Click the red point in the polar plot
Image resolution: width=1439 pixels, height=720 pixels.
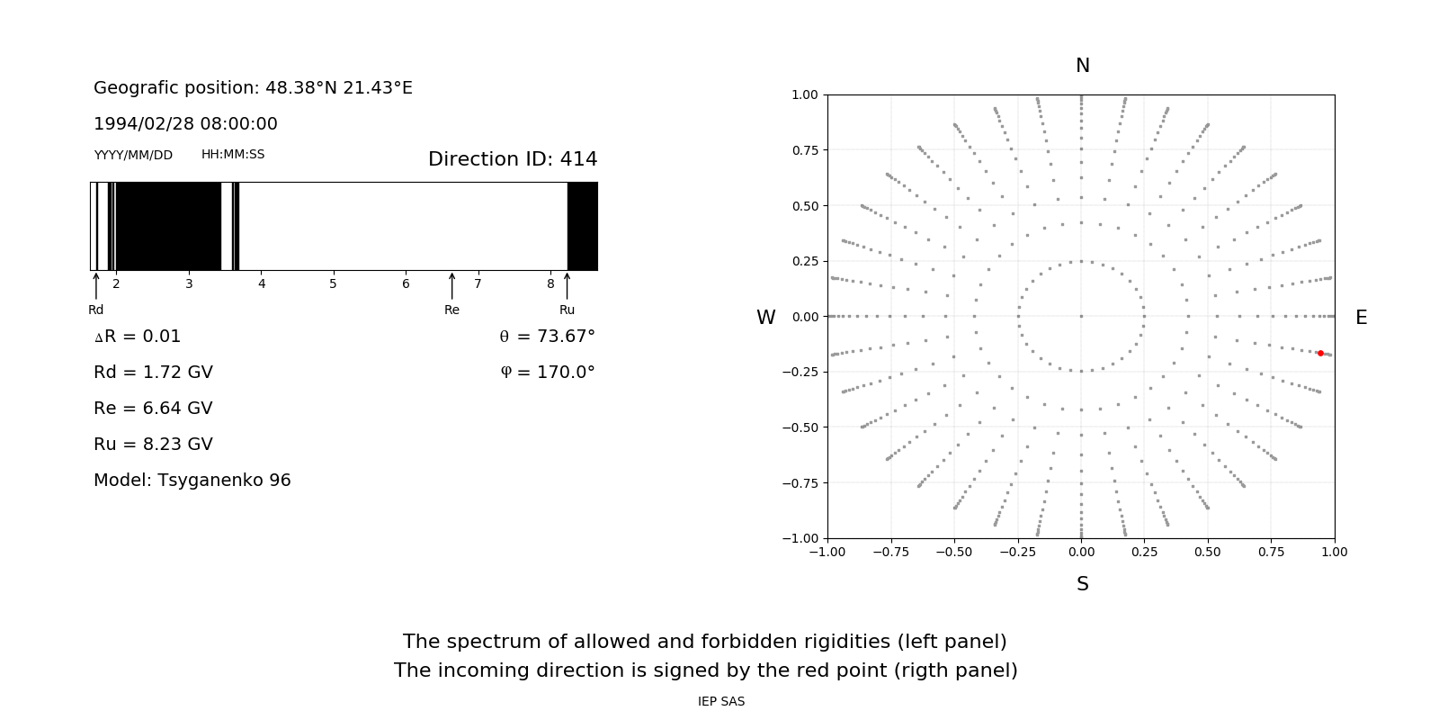(x=1320, y=354)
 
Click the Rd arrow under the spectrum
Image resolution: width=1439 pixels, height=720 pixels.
(x=96, y=285)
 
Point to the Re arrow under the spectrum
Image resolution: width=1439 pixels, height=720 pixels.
(x=451, y=285)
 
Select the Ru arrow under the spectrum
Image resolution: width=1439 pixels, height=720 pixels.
(x=567, y=285)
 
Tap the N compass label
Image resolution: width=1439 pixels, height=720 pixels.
(x=1082, y=66)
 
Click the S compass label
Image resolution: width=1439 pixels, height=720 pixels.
(x=1082, y=584)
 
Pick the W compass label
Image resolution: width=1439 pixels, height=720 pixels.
(x=765, y=318)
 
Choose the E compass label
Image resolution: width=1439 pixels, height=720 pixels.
(x=1361, y=318)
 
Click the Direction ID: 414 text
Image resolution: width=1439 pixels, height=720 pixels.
(x=513, y=159)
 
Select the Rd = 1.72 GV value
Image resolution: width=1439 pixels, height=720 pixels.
(x=153, y=372)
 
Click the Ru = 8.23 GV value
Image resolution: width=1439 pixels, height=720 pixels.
(x=153, y=444)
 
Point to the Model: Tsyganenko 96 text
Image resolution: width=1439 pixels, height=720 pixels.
(x=192, y=480)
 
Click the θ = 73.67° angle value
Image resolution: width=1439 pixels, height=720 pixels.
(x=547, y=336)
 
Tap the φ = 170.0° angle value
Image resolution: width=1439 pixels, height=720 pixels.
(x=548, y=372)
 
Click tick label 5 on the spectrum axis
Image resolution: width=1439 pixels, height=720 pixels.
(x=333, y=283)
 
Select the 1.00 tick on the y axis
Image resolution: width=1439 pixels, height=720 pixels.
(x=804, y=94)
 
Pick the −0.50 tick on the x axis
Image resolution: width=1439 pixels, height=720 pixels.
(x=953, y=552)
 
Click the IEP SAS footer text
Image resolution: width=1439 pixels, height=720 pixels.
(x=721, y=701)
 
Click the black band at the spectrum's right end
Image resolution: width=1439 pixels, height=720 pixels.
(x=582, y=226)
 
